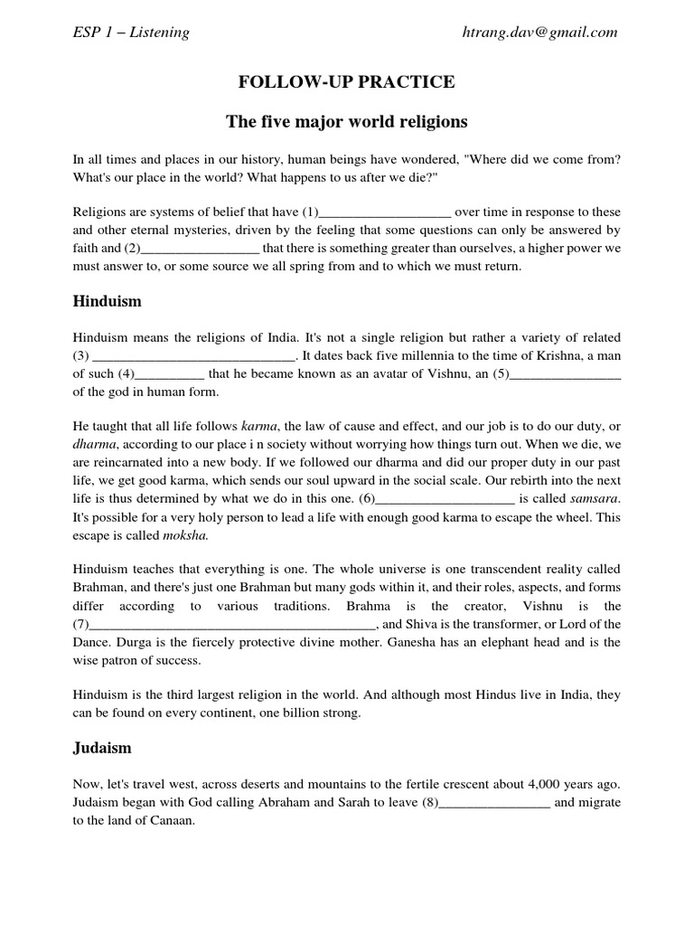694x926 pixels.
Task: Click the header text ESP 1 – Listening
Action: click(x=131, y=33)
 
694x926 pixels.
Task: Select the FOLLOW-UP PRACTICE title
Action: click(x=347, y=83)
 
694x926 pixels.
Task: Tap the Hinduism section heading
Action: click(x=108, y=300)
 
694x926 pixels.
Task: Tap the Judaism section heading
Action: click(x=102, y=747)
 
